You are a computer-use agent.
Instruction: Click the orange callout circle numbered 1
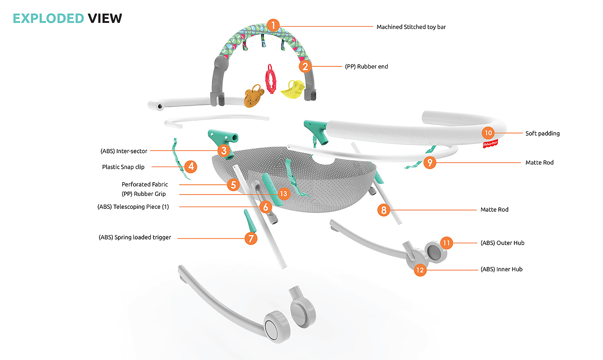pos(272,25)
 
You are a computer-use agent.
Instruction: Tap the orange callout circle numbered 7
pos(251,238)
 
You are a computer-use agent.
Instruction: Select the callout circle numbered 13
pos(283,194)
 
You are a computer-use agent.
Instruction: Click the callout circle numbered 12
pos(420,270)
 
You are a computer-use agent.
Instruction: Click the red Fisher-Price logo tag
pos(491,145)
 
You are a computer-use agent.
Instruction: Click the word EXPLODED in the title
pos(48,18)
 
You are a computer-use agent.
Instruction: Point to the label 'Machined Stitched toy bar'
pos(411,27)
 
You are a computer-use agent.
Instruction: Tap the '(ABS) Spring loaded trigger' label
pos(135,237)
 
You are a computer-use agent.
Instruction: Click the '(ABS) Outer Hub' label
pos(502,243)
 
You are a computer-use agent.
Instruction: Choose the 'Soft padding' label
pos(542,133)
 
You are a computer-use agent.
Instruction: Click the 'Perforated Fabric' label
pos(145,184)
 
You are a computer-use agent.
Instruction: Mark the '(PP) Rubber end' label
pos(366,67)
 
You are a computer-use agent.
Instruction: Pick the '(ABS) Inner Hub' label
pos(501,269)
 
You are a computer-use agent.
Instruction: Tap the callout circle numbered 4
pos(190,166)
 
